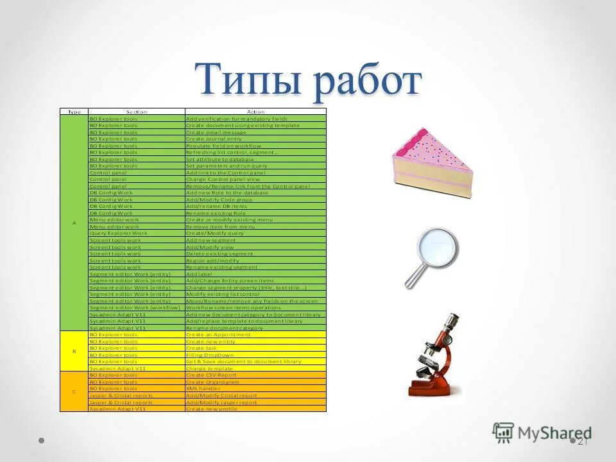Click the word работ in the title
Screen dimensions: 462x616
click(367, 81)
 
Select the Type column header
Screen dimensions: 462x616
click(74, 112)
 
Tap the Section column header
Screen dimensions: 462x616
click(136, 112)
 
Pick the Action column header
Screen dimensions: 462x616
click(255, 112)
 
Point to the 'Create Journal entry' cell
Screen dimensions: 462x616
click(214, 139)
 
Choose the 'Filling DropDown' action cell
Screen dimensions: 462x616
click(210, 355)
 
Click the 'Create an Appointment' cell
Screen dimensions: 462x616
click(218, 334)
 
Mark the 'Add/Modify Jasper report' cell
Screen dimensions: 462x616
click(221, 402)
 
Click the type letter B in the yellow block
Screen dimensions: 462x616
click(74, 351)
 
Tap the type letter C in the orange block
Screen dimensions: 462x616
click(74, 391)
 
